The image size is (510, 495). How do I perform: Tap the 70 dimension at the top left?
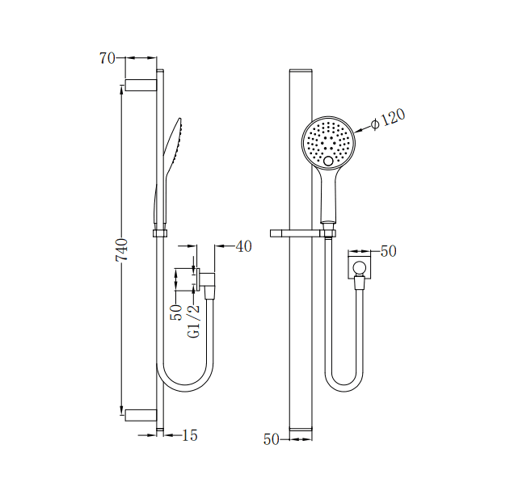click(107, 58)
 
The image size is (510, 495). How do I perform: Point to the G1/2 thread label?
click(194, 321)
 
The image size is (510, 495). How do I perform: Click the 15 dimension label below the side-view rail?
click(189, 435)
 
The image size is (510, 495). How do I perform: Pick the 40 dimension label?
click(243, 246)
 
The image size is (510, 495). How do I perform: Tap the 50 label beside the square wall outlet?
click(388, 251)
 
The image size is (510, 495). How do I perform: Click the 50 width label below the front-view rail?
click(271, 439)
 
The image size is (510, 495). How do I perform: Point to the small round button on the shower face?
click(328, 162)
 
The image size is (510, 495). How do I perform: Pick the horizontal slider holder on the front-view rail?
click(303, 234)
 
